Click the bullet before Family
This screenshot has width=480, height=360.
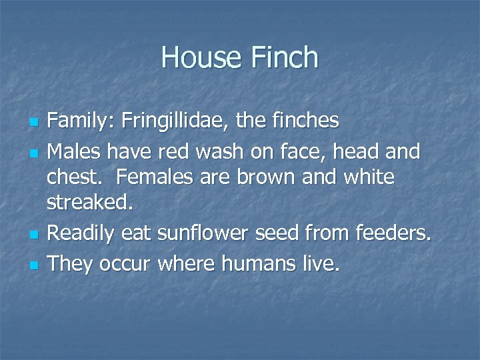click(x=35, y=123)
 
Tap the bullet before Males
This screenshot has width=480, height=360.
click(x=35, y=153)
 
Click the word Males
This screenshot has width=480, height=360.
click(x=75, y=151)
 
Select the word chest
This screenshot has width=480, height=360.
click(x=72, y=179)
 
